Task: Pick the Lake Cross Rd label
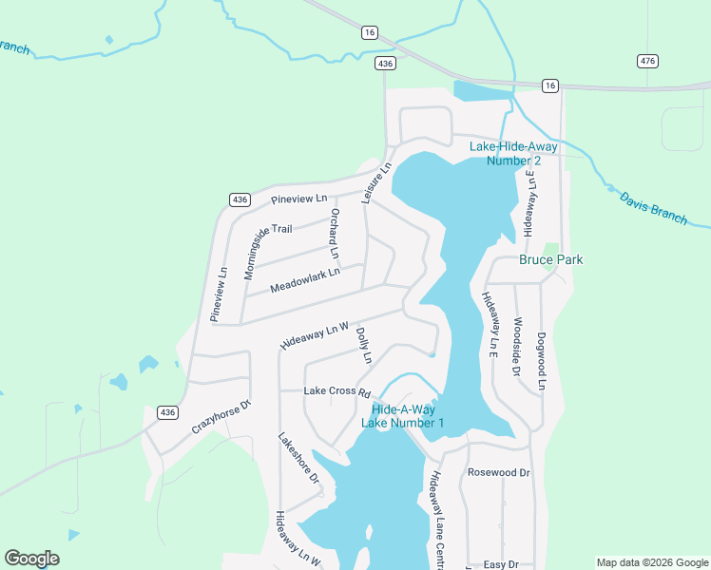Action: [x=336, y=391]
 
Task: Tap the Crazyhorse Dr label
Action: [x=221, y=417]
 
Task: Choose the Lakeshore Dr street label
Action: [x=298, y=459]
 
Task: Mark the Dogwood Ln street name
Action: [x=541, y=360]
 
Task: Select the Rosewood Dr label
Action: [x=498, y=472]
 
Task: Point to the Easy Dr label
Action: [x=500, y=564]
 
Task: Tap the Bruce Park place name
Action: [x=550, y=259]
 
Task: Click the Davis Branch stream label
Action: [x=653, y=208]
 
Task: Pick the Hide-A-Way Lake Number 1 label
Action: [x=402, y=415]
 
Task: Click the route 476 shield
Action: [x=647, y=61]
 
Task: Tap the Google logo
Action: [x=31, y=559]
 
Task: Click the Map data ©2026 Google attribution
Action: [x=650, y=562]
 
